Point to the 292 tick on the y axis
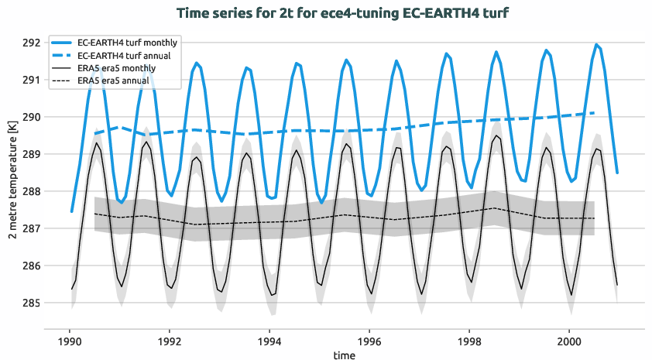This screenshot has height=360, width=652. coord(31,43)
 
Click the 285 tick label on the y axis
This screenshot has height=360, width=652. coord(31,303)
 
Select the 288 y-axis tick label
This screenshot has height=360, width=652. coord(31,191)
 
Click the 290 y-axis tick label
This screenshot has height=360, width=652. coord(31,117)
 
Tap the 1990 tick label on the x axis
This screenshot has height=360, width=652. coord(70,340)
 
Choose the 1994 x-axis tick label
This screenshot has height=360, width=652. coord(269,340)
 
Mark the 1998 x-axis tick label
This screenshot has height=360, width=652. coord(469,340)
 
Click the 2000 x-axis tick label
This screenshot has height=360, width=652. coord(569,340)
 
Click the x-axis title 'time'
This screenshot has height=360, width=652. coord(345,355)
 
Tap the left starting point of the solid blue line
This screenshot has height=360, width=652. coord(71,211)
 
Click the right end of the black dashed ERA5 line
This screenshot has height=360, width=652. coord(594,218)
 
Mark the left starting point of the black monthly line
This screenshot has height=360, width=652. coord(71,290)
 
